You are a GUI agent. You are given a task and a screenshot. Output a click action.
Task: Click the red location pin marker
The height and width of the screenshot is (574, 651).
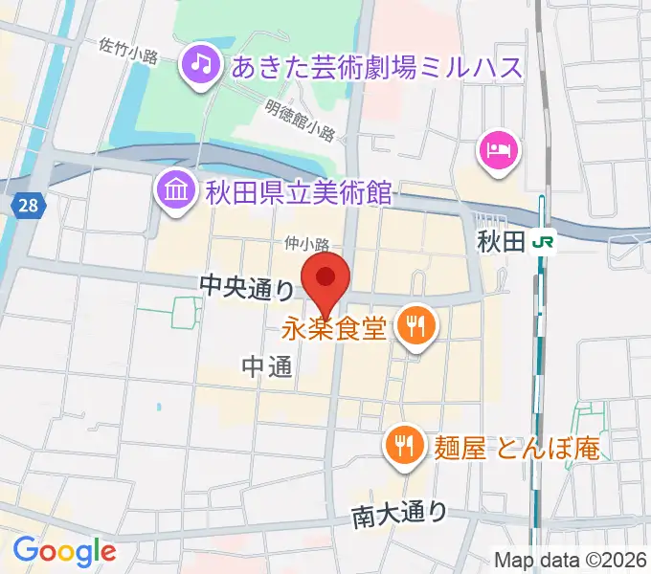(x=325, y=280)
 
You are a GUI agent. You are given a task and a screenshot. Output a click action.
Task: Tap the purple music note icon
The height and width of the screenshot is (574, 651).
(x=200, y=65)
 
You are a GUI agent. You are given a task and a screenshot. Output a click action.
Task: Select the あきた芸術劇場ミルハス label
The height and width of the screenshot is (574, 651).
(x=377, y=67)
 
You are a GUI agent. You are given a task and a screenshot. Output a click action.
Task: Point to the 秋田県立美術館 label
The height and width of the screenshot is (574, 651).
(x=298, y=191)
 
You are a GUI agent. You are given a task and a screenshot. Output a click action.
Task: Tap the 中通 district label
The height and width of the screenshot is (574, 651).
(x=266, y=366)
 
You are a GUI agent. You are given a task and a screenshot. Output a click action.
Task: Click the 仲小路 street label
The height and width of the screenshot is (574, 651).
(x=306, y=245)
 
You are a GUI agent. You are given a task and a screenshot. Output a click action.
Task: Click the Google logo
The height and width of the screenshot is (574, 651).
(x=64, y=551)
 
